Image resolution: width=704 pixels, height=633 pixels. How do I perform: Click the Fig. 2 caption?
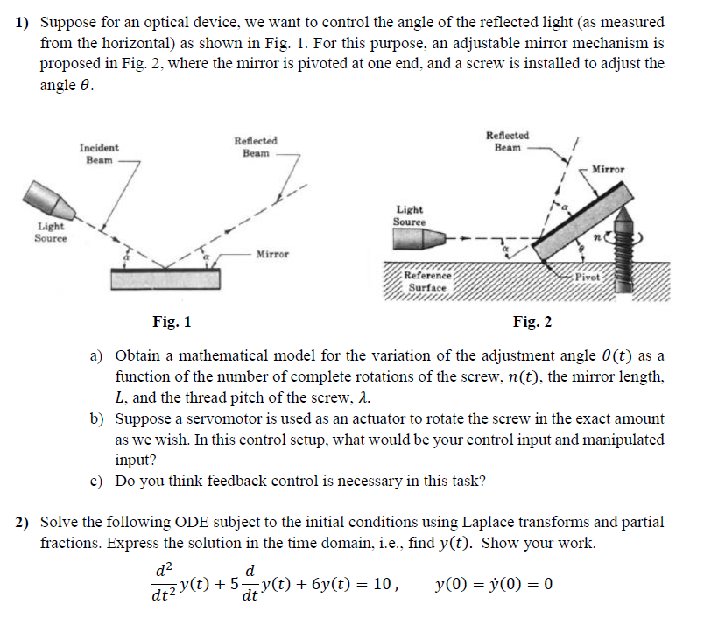(x=532, y=322)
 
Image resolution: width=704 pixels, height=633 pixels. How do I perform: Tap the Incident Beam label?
(x=99, y=154)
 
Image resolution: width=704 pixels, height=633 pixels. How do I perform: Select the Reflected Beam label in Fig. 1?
(x=256, y=146)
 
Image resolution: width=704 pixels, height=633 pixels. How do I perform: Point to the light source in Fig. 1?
(x=53, y=200)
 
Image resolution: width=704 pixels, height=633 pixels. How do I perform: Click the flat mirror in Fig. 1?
(x=166, y=278)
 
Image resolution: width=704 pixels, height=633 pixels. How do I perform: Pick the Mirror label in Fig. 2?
(x=609, y=169)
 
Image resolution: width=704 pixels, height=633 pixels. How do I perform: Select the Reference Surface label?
(x=426, y=281)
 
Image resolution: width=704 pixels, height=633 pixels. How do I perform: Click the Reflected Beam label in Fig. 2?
(x=507, y=141)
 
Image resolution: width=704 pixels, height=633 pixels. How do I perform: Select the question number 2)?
(x=24, y=523)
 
